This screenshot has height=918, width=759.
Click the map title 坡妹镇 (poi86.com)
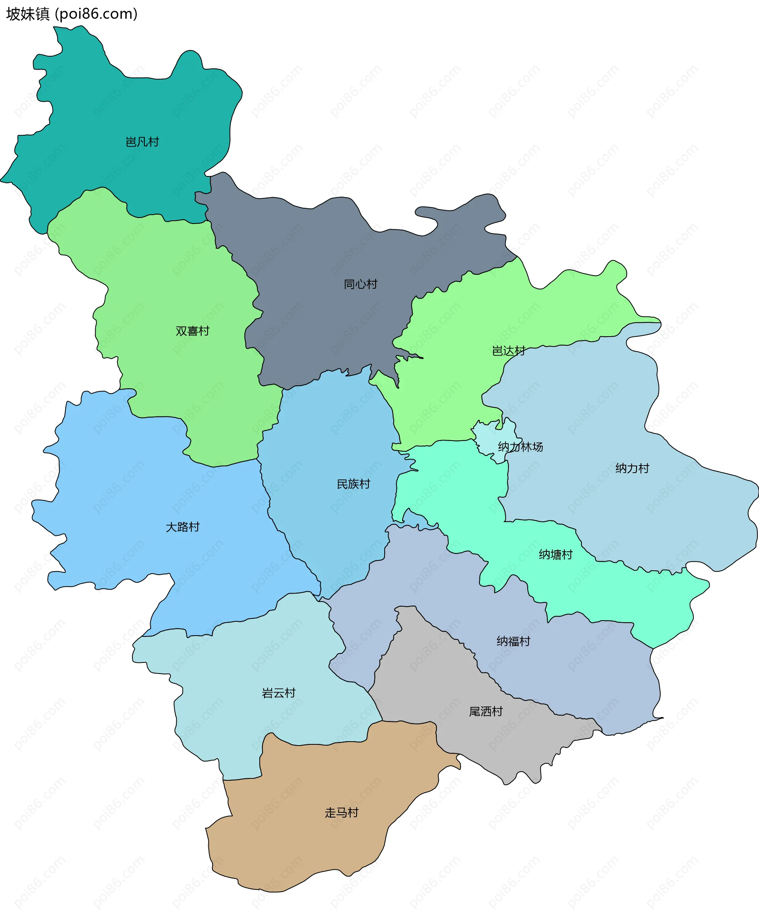coord(72,14)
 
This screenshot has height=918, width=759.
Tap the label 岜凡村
coord(142,142)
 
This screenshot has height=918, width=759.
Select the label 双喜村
coord(192,331)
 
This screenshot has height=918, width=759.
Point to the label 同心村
coord(361,284)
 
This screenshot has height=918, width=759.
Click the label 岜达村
coord(509,351)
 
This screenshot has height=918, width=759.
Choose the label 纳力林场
coord(520,447)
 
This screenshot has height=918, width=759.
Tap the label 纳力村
coord(632,468)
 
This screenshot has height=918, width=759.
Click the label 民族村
coord(353,484)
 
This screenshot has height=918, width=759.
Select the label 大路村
coord(183,527)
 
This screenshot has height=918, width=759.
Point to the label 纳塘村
coord(556,555)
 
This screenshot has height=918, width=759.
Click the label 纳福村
coord(514,641)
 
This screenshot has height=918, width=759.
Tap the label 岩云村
coord(279,693)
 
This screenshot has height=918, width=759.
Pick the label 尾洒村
coord(486,711)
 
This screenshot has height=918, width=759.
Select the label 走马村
coord(342,813)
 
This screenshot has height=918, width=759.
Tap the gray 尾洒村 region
coord(437,682)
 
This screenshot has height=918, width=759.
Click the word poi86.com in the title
coord(96,14)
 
